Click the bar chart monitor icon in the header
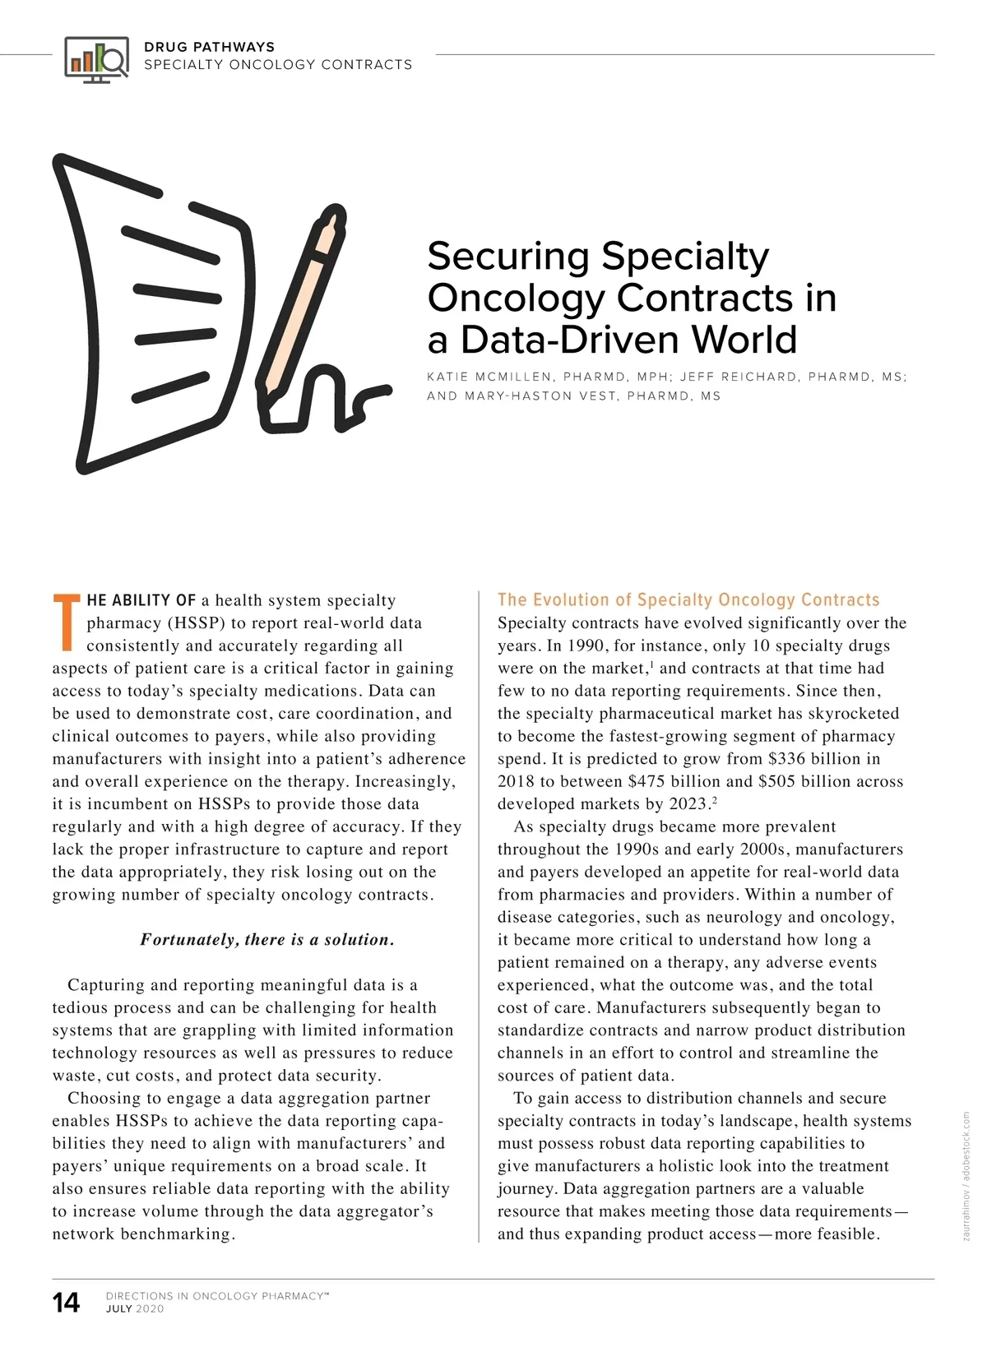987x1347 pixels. pos(96,58)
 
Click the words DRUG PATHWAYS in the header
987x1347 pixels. pos(209,47)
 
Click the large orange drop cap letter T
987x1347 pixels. pos(67,620)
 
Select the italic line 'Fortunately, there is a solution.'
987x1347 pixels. pos(267,940)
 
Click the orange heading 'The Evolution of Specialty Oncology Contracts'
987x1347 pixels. pos(688,600)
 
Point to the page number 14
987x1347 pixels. pos(67,1303)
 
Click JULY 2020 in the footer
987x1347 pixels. pos(135,1309)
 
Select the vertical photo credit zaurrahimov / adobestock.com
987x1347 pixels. pos(966,1175)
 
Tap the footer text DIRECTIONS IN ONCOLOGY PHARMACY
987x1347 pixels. pos(216,1296)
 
